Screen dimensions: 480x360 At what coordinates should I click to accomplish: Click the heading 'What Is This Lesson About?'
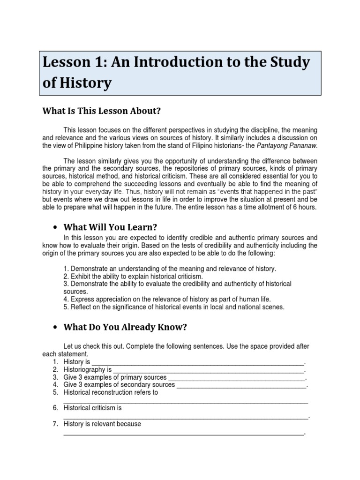[x=101, y=111]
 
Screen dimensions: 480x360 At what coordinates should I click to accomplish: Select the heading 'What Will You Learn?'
[x=110, y=227]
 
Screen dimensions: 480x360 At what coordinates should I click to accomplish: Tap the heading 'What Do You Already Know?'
[x=125, y=327]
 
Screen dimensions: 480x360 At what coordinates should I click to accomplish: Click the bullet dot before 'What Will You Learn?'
[x=55, y=227]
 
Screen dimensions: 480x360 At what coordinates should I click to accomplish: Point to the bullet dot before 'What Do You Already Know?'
[x=55, y=327]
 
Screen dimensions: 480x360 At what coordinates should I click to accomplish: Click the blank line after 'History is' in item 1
[x=197, y=363]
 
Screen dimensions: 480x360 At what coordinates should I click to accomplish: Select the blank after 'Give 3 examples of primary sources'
[x=236, y=378]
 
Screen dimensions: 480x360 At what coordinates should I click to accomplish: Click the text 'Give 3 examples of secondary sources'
[x=119, y=385]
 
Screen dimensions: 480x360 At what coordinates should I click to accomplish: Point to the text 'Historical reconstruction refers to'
[x=111, y=392]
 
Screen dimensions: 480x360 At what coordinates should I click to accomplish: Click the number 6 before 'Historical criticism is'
[x=55, y=408]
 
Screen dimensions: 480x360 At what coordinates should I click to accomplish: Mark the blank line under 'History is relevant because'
[x=183, y=434]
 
